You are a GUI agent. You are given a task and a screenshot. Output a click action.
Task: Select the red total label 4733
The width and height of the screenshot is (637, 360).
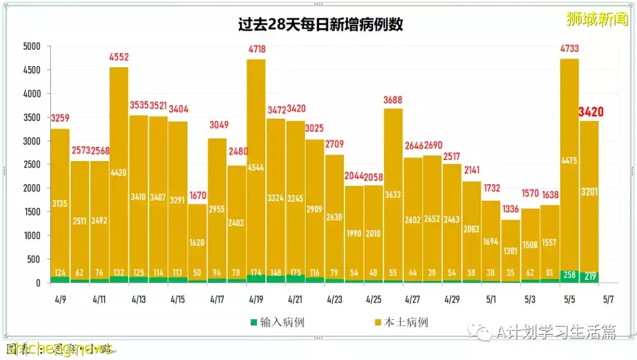coord(569,50)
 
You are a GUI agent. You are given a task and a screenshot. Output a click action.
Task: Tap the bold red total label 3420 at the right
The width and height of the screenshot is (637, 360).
coord(591,112)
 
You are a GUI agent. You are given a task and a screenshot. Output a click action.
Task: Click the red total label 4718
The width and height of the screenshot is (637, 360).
coord(255,50)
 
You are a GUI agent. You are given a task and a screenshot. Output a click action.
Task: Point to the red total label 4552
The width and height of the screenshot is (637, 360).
coord(119,58)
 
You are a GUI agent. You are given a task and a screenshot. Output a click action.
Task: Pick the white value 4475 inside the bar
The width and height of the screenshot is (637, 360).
coord(569,159)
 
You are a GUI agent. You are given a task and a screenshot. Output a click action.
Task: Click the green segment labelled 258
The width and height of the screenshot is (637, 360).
coord(569,276)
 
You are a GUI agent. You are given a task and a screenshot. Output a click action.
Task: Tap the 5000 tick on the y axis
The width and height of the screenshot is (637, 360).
coord(32,47)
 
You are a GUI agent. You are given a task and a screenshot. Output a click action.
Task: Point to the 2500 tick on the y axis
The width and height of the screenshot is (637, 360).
coord(32,165)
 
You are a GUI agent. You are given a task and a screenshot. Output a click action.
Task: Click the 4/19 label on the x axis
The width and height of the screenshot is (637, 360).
coord(255,299)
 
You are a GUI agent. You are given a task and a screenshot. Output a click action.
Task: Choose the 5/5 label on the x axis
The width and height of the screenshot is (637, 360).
coord(569,299)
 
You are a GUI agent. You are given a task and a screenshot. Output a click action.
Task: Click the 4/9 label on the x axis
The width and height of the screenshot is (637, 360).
coord(60,299)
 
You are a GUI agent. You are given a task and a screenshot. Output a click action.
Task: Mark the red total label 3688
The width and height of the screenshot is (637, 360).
coord(393,100)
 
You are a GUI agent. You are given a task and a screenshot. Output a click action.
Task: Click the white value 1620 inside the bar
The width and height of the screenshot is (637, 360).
coord(197,243)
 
